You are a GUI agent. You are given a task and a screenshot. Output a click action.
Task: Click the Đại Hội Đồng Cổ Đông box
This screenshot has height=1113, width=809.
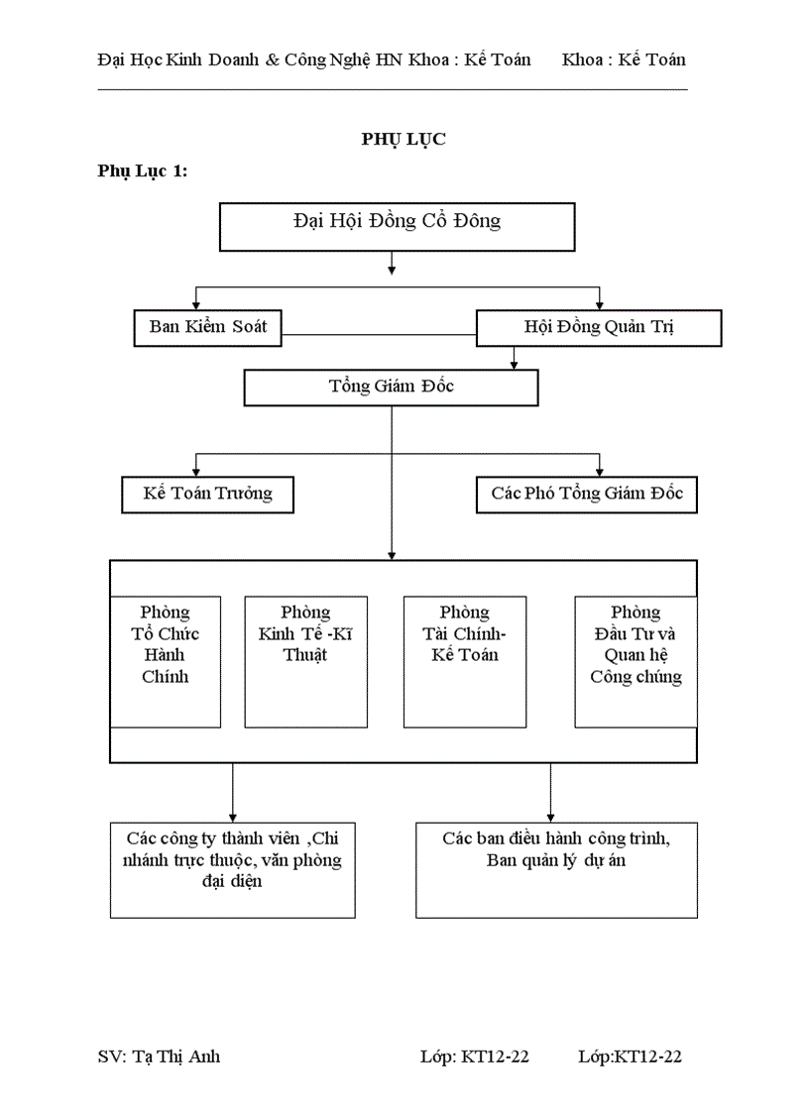[x=397, y=227]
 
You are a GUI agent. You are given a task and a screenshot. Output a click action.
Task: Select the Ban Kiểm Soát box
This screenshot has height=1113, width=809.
[x=208, y=327]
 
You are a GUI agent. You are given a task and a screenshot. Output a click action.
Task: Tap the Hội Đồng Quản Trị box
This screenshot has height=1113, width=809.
[x=599, y=328]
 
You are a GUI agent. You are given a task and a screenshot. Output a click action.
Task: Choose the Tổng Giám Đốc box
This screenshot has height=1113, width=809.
[x=391, y=388]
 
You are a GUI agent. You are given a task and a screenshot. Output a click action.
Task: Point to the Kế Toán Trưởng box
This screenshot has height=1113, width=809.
[x=207, y=494]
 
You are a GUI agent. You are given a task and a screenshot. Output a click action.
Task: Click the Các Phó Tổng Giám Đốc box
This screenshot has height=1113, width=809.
[x=587, y=494]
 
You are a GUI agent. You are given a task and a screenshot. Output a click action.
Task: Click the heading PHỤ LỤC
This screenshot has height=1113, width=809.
[x=403, y=139]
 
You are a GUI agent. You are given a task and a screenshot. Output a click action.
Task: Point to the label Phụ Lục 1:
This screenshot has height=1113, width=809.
[x=143, y=170]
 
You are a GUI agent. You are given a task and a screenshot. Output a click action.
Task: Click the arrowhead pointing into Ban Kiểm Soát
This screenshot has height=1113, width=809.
[x=196, y=305]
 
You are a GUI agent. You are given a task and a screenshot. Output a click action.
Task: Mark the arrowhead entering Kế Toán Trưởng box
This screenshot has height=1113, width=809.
[x=196, y=472]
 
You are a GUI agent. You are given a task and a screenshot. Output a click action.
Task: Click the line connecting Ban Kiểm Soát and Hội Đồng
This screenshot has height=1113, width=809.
[x=379, y=335]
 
